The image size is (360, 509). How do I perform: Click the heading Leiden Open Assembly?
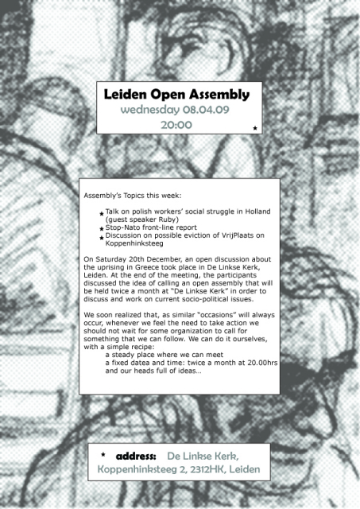[x=176, y=95]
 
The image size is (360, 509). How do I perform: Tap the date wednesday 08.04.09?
[x=176, y=110]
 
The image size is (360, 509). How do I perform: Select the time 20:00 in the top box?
[x=176, y=125]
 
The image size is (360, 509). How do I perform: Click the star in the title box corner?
[x=254, y=128]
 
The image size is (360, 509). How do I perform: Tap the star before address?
[x=103, y=456]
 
